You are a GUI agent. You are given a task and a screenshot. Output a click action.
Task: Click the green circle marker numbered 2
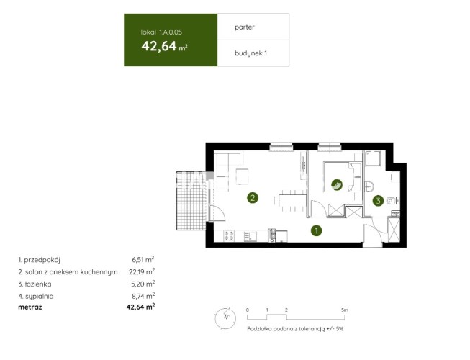pyautogui.click(x=253, y=198)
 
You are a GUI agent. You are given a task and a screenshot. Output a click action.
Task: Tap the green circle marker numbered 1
pyautogui.click(x=316, y=230)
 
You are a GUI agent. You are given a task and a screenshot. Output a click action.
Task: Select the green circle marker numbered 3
pyautogui.click(x=378, y=201)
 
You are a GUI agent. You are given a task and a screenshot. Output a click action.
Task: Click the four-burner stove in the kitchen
pyautogui.click(x=230, y=235)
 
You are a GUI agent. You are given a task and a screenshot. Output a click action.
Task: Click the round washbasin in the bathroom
pyautogui.click(x=369, y=186)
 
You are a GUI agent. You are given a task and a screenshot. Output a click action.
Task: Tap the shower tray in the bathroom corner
pyautogui.click(x=373, y=158)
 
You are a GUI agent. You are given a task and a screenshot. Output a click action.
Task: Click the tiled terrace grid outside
pyautogui.click(x=191, y=201)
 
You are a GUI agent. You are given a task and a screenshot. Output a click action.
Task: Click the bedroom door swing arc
pyautogui.click(x=320, y=207)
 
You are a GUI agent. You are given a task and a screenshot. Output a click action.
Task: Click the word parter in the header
pyautogui.click(x=245, y=27)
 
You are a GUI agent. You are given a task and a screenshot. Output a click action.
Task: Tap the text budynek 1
pyautogui.click(x=250, y=53)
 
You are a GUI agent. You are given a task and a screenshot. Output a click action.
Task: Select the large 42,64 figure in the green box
pyautogui.click(x=159, y=46)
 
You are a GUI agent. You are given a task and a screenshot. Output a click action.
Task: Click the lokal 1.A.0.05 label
pyautogui.click(x=161, y=32)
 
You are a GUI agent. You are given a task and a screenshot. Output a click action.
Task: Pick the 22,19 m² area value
pyautogui.click(x=142, y=271)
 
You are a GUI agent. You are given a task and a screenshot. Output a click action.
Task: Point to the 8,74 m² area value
pyautogui.click(x=143, y=296)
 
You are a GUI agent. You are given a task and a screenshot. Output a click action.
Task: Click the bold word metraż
pyautogui.click(x=30, y=307)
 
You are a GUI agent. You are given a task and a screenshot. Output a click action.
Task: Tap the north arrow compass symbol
pyautogui.click(x=225, y=318)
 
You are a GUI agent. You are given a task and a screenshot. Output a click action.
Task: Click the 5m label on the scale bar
pyautogui.click(x=345, y=310)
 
